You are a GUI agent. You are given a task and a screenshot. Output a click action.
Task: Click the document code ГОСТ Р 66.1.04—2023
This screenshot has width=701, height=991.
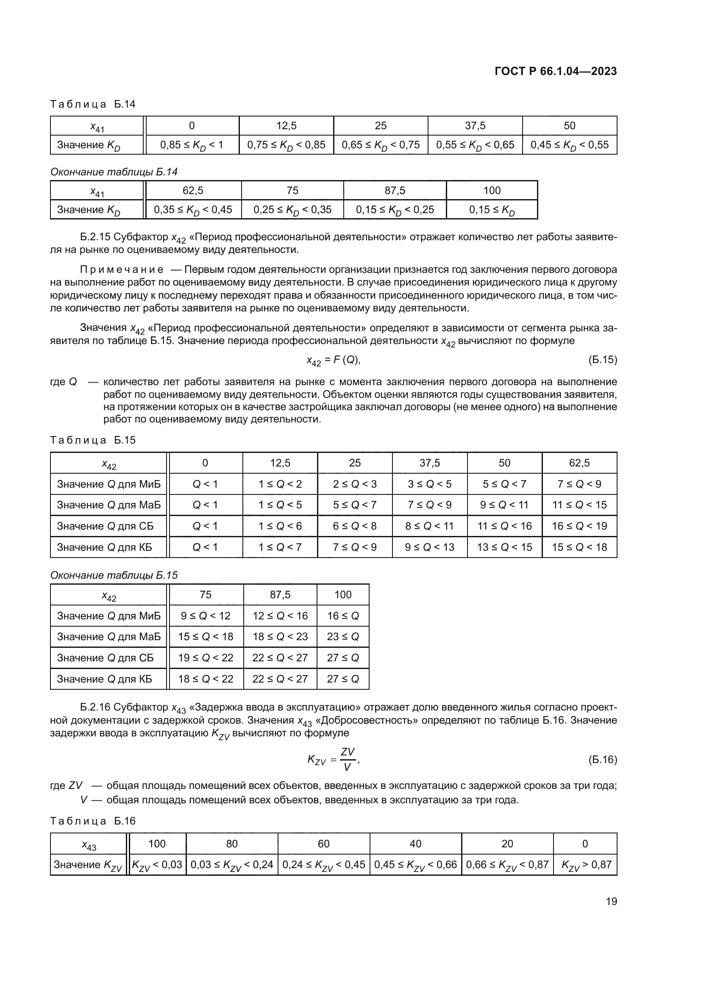(x=556, y=71)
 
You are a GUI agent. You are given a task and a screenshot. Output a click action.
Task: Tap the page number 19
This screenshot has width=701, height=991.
(x=611, y=901)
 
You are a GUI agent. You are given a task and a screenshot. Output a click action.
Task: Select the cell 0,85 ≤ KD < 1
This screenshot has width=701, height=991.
(x=192, y=145)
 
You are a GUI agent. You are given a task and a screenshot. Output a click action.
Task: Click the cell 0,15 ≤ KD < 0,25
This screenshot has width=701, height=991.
(x=395, y=210)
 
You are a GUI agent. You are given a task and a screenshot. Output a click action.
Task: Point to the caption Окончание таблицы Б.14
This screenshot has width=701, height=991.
(x=114, y=172)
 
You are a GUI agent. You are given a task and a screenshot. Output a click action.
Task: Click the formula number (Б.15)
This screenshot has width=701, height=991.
(x=603, y=360)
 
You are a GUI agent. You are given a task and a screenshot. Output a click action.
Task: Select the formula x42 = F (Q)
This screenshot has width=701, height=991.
(x=333, y=361)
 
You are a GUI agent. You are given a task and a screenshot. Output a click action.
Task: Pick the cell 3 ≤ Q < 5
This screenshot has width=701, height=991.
(x=429, y=484)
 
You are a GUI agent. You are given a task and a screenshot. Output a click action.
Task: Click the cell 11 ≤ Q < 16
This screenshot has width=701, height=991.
(x=504, y=526)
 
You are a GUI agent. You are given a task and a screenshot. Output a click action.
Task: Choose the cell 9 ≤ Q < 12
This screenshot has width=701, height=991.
(x=206, y=616)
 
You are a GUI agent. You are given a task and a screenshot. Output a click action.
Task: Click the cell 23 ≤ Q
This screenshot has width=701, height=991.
(x=343, y=637)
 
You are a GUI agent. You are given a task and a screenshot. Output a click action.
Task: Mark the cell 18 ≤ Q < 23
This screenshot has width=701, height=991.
(x=280, y=637)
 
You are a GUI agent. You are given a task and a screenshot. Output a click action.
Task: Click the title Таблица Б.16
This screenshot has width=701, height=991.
(x=93, y=821)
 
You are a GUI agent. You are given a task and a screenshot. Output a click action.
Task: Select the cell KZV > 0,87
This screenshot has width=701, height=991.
(x=585, y=865)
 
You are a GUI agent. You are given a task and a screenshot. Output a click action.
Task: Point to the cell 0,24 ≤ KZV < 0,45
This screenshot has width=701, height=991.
(x=324, y=865)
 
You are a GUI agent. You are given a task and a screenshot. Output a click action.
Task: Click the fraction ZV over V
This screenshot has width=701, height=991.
(x=348, y=759)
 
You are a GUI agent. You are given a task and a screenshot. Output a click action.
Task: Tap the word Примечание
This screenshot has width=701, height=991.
(x=122, y=270)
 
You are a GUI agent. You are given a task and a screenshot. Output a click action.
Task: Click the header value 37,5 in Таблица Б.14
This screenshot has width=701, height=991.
(x=475, y=125)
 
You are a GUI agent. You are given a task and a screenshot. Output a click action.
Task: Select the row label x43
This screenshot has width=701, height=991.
(x=89, y=844)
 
